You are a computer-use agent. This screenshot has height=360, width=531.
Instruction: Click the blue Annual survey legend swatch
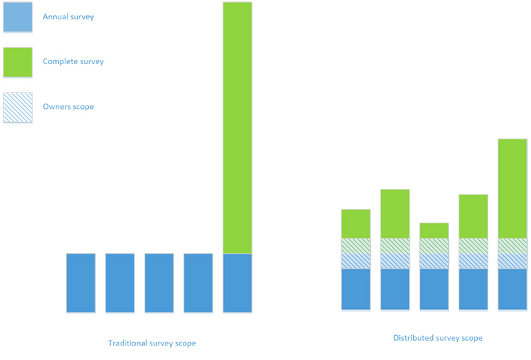[17, 17]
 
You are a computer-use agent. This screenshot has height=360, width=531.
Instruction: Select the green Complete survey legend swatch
[17, 62]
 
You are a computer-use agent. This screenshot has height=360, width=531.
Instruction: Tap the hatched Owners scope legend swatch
[17, 108]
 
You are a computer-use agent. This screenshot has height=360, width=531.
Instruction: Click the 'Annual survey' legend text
[68, 17]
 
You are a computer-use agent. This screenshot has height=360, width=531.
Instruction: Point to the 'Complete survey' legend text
[73, 61]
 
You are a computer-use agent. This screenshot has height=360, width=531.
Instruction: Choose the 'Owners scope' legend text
[68, 107]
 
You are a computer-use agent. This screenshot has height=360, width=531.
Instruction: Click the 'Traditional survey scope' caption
[152, 343]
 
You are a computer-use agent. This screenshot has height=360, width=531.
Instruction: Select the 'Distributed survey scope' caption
[438, 338]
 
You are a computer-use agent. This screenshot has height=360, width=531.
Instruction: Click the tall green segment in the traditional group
[237, 128]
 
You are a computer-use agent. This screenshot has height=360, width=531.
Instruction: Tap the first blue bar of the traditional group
[81, 283]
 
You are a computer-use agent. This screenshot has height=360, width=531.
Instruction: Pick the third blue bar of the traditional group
[159, 283]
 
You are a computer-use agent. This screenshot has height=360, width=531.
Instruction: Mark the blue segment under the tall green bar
[237, 283]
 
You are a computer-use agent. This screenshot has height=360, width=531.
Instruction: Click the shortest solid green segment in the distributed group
[434, 230]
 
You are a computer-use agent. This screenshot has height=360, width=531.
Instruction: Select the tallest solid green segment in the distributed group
[512, 188]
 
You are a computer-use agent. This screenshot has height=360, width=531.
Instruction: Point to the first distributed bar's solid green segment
[356, 223]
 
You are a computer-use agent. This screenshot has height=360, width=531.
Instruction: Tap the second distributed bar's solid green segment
[394, 214]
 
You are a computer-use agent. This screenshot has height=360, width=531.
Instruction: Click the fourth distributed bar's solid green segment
[473, 216]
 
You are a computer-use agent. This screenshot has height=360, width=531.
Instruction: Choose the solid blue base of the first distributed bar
[356, 289]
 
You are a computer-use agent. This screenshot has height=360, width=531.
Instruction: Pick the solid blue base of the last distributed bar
[512, 289]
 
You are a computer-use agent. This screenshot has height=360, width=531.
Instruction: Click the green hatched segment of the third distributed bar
[434, 246]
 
